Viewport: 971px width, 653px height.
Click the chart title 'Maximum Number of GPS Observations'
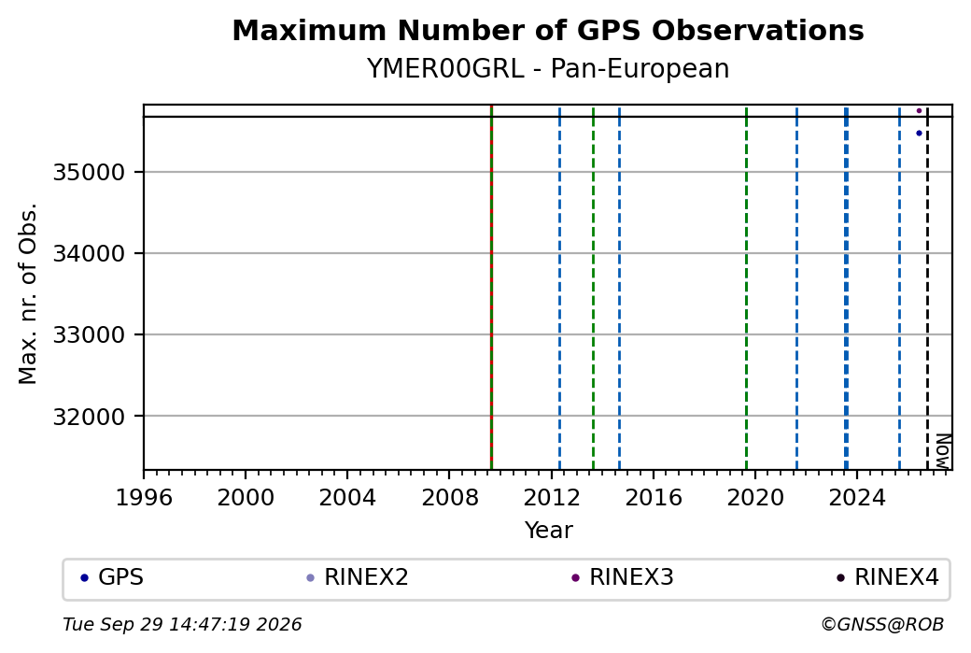[548, 30]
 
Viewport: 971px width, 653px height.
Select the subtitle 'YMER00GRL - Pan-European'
[548, 68]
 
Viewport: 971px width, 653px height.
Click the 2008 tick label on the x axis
[449, 497]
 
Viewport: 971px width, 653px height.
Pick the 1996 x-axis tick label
[144, 497]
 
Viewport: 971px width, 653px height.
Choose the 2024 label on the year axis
[856, 497]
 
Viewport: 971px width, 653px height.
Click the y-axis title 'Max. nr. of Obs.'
[28, 293]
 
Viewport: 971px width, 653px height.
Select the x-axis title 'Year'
[549, 531]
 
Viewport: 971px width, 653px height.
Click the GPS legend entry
[112, 577]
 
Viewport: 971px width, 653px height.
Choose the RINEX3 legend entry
[623, 577]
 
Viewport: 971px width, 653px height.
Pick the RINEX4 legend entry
[887, 577]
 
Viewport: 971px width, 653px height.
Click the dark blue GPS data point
[919, 134]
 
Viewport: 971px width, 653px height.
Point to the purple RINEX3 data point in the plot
[919, 111]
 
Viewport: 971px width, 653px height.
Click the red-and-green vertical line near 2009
[491, 288]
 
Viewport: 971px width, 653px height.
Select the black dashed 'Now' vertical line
[927, 288]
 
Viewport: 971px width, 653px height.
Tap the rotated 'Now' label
[942, 451]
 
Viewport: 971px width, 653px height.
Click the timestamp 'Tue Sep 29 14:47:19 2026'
[182, 624]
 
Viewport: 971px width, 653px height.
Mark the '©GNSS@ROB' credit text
[882, 624]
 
